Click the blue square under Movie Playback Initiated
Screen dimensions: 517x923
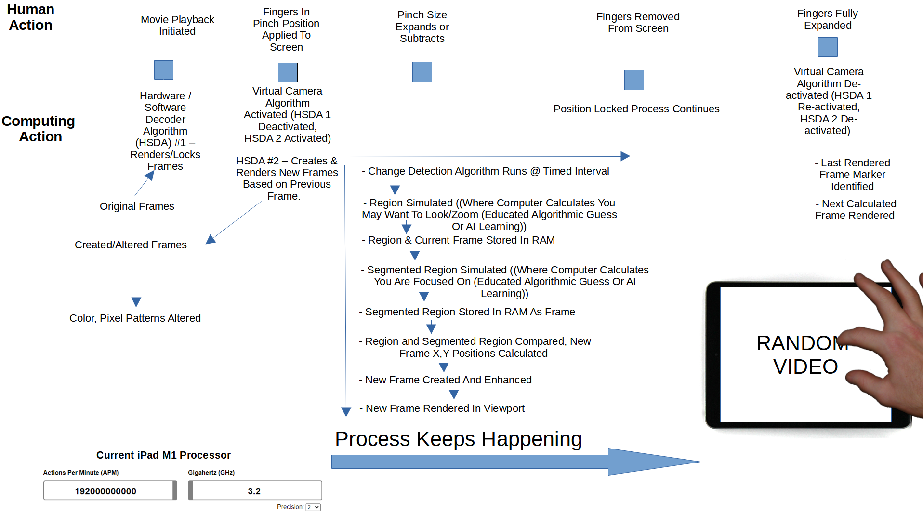tap(163, 70)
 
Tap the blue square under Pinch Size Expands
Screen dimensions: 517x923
tap(422, 72)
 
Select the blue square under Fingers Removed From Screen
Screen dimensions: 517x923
tap(634, 80)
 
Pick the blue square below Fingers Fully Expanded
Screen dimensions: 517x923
tap(828, 47)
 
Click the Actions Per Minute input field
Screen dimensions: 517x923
tap(109, 491)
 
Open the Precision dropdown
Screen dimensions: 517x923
tap(313, 507)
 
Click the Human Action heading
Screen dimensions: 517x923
tap(31, 17)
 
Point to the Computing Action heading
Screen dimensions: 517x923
tap(39, 129)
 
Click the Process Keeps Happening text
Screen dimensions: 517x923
tap(458, 439)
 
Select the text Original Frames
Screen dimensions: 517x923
tap(137, 206)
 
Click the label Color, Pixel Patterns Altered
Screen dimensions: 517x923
tap(135, 318)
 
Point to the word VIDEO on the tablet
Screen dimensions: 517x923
tap(805, 367)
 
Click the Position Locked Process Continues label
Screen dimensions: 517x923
tap(636, 109)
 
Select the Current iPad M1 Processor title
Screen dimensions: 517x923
tap(163, 455)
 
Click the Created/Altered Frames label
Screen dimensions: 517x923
tap(131, 245)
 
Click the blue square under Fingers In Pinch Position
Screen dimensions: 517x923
tap(288, 72)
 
